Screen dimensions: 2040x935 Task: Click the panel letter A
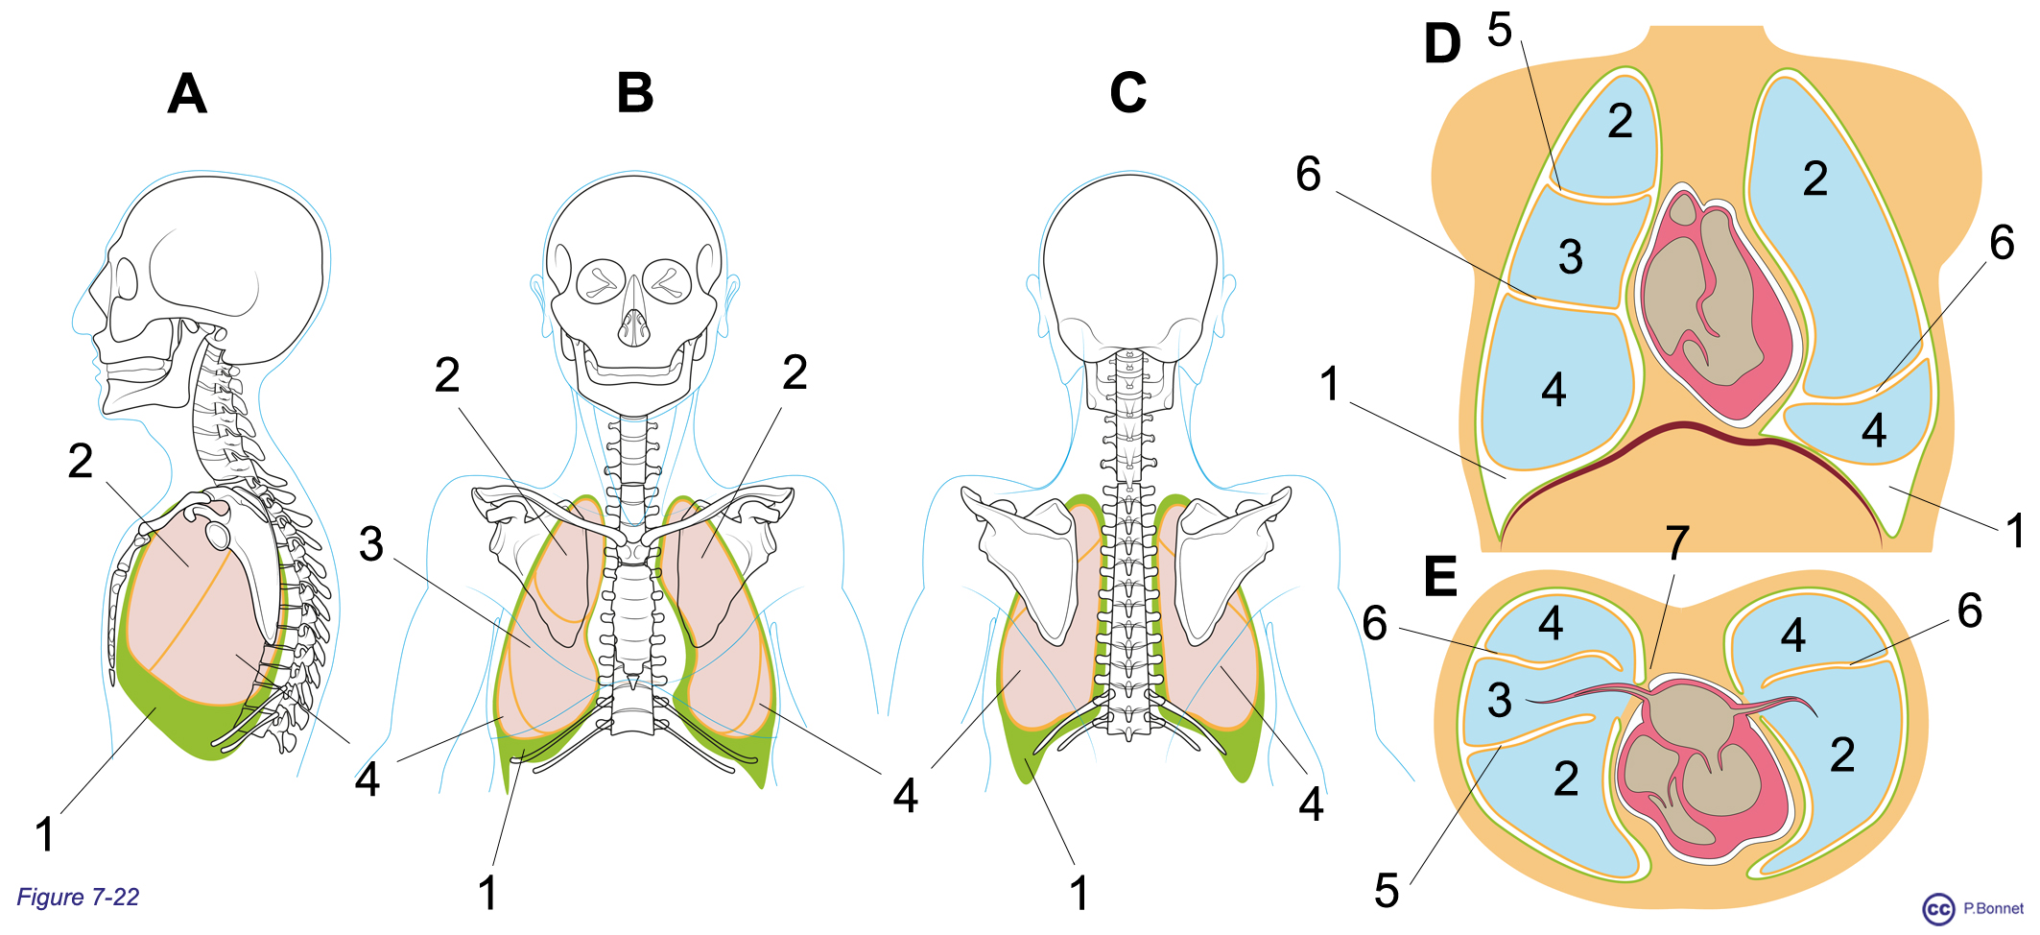click(187, 94)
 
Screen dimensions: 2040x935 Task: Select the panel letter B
click(635, 93)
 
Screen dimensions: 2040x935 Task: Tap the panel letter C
click(1127, 93)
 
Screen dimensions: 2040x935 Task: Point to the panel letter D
click(1442, 44)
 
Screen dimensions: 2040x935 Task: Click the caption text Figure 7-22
click(78, 898)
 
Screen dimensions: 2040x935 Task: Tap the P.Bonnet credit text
click(1993, 908)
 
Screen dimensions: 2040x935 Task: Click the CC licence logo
click(1938, 909)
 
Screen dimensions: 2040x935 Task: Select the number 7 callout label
click(1677, 543)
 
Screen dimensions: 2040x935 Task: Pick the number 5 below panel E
click(1387, 891)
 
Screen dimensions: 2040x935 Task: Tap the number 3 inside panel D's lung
click(1571, 256)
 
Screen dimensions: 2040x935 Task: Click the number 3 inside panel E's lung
click(1500, 700)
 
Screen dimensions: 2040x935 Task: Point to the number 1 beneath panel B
click(487, 893)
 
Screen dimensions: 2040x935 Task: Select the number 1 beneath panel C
click(1079, 893)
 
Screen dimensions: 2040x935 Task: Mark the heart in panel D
click(1716, 302)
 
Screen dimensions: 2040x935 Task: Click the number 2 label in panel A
click(81, 462)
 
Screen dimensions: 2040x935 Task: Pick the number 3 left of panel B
click(371, 544)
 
